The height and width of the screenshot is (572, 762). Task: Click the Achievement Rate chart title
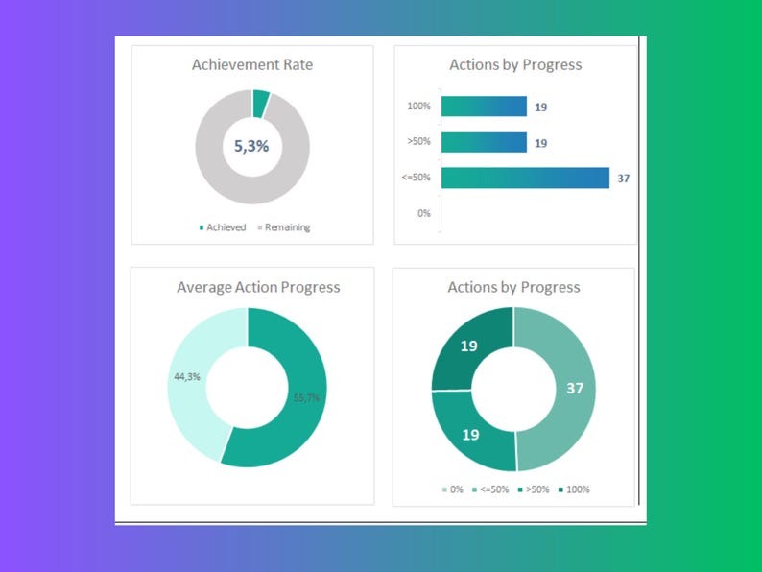(252, 65)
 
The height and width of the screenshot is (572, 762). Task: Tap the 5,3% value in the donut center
(252, 147)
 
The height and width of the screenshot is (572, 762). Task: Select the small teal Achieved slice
(260, 103)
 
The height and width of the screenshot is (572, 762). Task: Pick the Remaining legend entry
(283, 227)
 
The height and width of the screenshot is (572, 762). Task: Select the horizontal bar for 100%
(484, 107)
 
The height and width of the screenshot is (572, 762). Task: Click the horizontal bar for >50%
(484, 142)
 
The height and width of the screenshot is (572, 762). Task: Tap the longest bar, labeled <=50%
(525, 178)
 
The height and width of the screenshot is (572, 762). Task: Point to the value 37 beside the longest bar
(624, 179)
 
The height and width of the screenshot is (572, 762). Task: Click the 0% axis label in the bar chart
(423, 213)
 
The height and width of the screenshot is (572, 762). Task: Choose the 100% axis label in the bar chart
(419, 107)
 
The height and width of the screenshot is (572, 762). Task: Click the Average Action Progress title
(258, 287)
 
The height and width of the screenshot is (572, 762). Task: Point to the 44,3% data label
(186, 377)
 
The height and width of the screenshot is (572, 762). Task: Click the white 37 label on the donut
(574, 389)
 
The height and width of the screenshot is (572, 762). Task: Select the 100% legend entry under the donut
(573, 489)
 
